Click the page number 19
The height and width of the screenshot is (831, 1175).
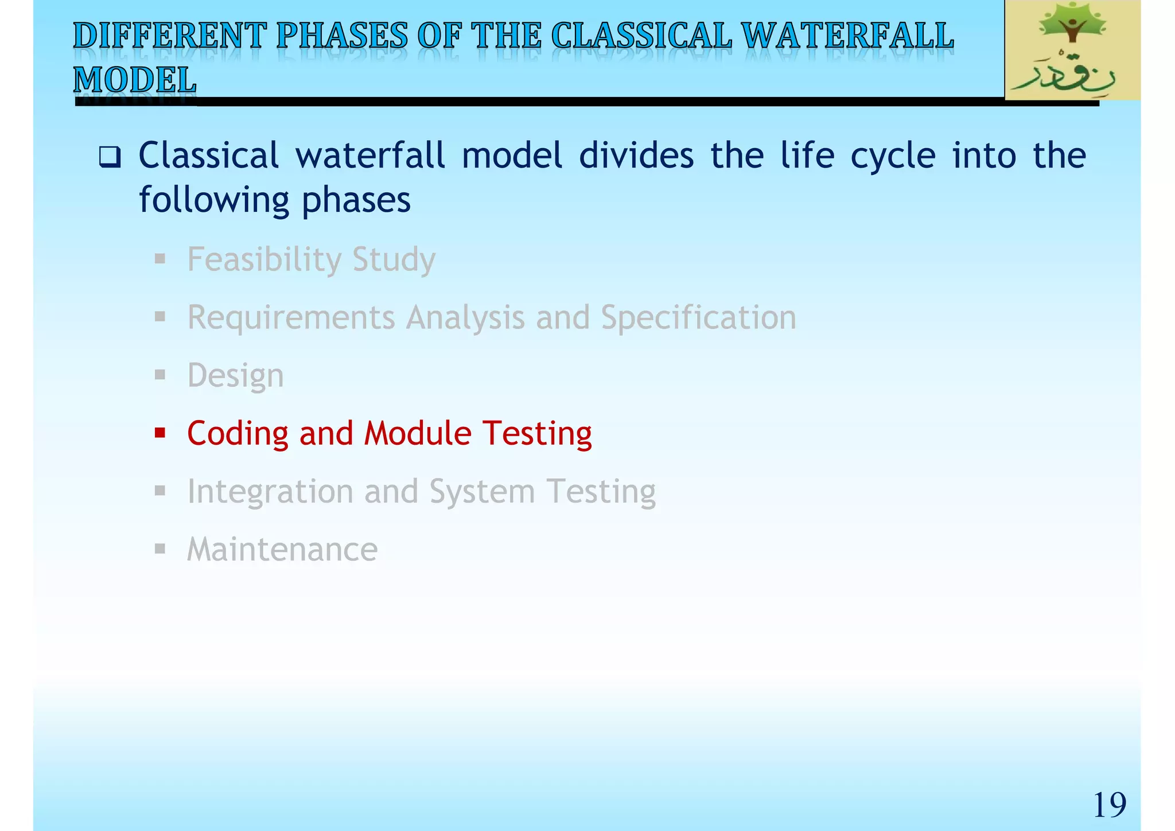pos(1109,805)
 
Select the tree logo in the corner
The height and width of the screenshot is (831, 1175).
pos(1072,50)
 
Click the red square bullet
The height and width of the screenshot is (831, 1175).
pos(160,432)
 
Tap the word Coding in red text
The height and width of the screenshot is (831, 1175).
pos(238,433)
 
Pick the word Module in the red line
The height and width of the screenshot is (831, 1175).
pos(417,433)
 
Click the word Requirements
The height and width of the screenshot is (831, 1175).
pos(291,317)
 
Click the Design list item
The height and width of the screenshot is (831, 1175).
pos(235,376)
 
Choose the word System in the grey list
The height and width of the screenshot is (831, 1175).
pos(482,492)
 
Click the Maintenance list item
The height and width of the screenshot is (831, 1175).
pos(282,549)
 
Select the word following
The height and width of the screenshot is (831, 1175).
pos(213,200)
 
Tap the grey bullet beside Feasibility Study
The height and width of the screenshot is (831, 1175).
pos(160,259)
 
